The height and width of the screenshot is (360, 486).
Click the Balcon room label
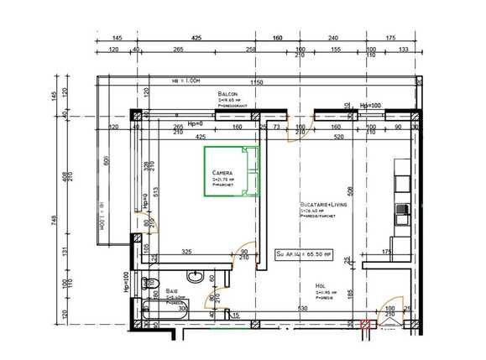(x=227, y=94)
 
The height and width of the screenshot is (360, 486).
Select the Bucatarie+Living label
(x=322, y=204)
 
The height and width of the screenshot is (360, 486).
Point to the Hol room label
(x=320, y=285)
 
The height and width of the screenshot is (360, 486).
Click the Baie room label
(x=171, y=290)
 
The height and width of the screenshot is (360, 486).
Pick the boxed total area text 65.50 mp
(x=306, y=252)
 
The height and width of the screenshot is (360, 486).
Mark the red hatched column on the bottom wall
(x=364, y=323)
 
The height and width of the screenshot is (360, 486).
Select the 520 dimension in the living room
(x=339, y=136)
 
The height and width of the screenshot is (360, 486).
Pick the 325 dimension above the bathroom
(x=187, y=251)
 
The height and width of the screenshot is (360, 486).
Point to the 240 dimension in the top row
(x=332, y=39)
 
